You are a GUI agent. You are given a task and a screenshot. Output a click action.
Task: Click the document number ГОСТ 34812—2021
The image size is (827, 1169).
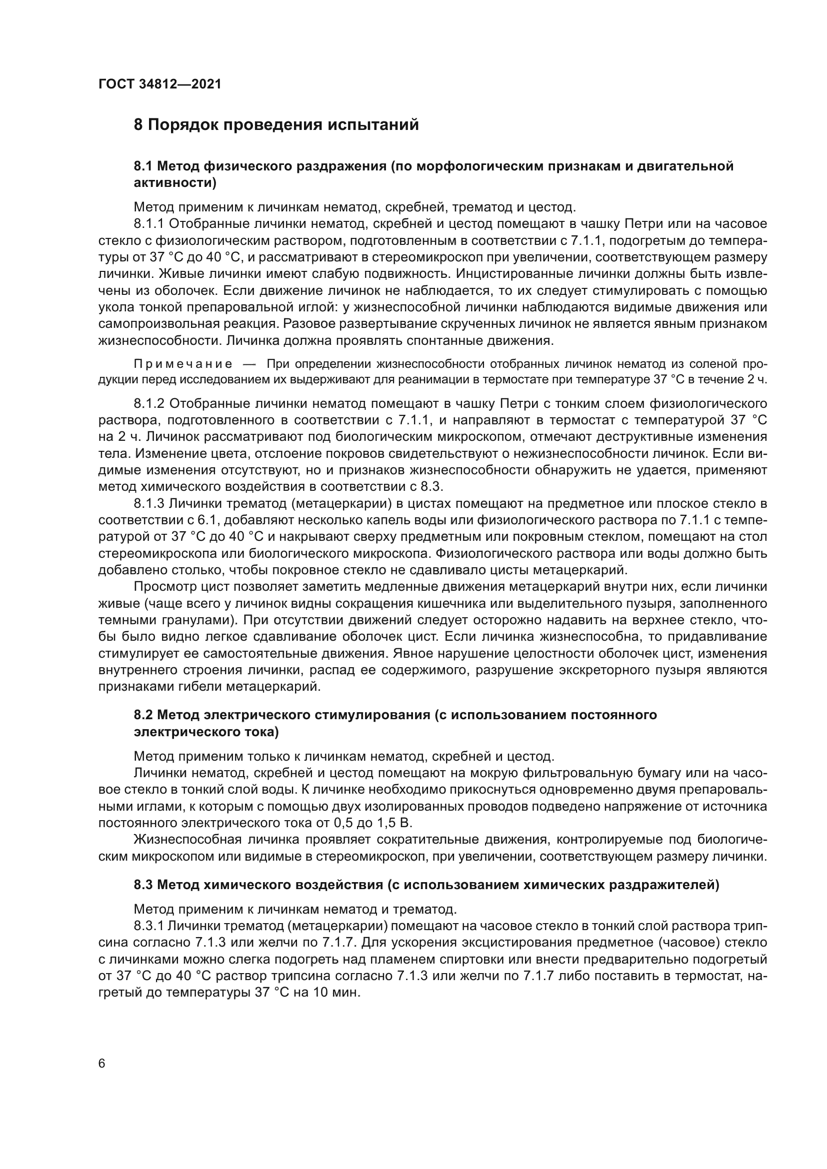click(x=160, y=84)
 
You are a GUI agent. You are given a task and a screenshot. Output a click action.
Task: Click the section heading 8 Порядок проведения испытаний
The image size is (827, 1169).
click(x=276, y=125)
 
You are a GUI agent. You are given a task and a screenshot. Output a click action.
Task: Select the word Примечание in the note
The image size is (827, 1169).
click(x=183, y=364)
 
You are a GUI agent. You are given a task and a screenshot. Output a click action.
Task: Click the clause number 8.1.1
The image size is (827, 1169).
click(x=149, y=223)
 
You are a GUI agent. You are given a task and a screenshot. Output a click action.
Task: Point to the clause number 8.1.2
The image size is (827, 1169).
click(x=149, y=404)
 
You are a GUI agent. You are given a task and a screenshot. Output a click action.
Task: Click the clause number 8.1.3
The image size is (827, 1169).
click(x=149, y=504)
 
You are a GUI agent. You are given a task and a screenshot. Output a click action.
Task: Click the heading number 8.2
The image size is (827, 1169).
click(x=143, y=715)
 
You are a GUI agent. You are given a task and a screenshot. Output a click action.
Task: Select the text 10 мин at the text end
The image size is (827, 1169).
click(x=339, y=993)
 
